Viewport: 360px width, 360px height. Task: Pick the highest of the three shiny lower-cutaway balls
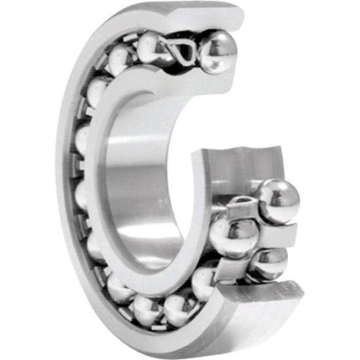(x=278, y=200)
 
